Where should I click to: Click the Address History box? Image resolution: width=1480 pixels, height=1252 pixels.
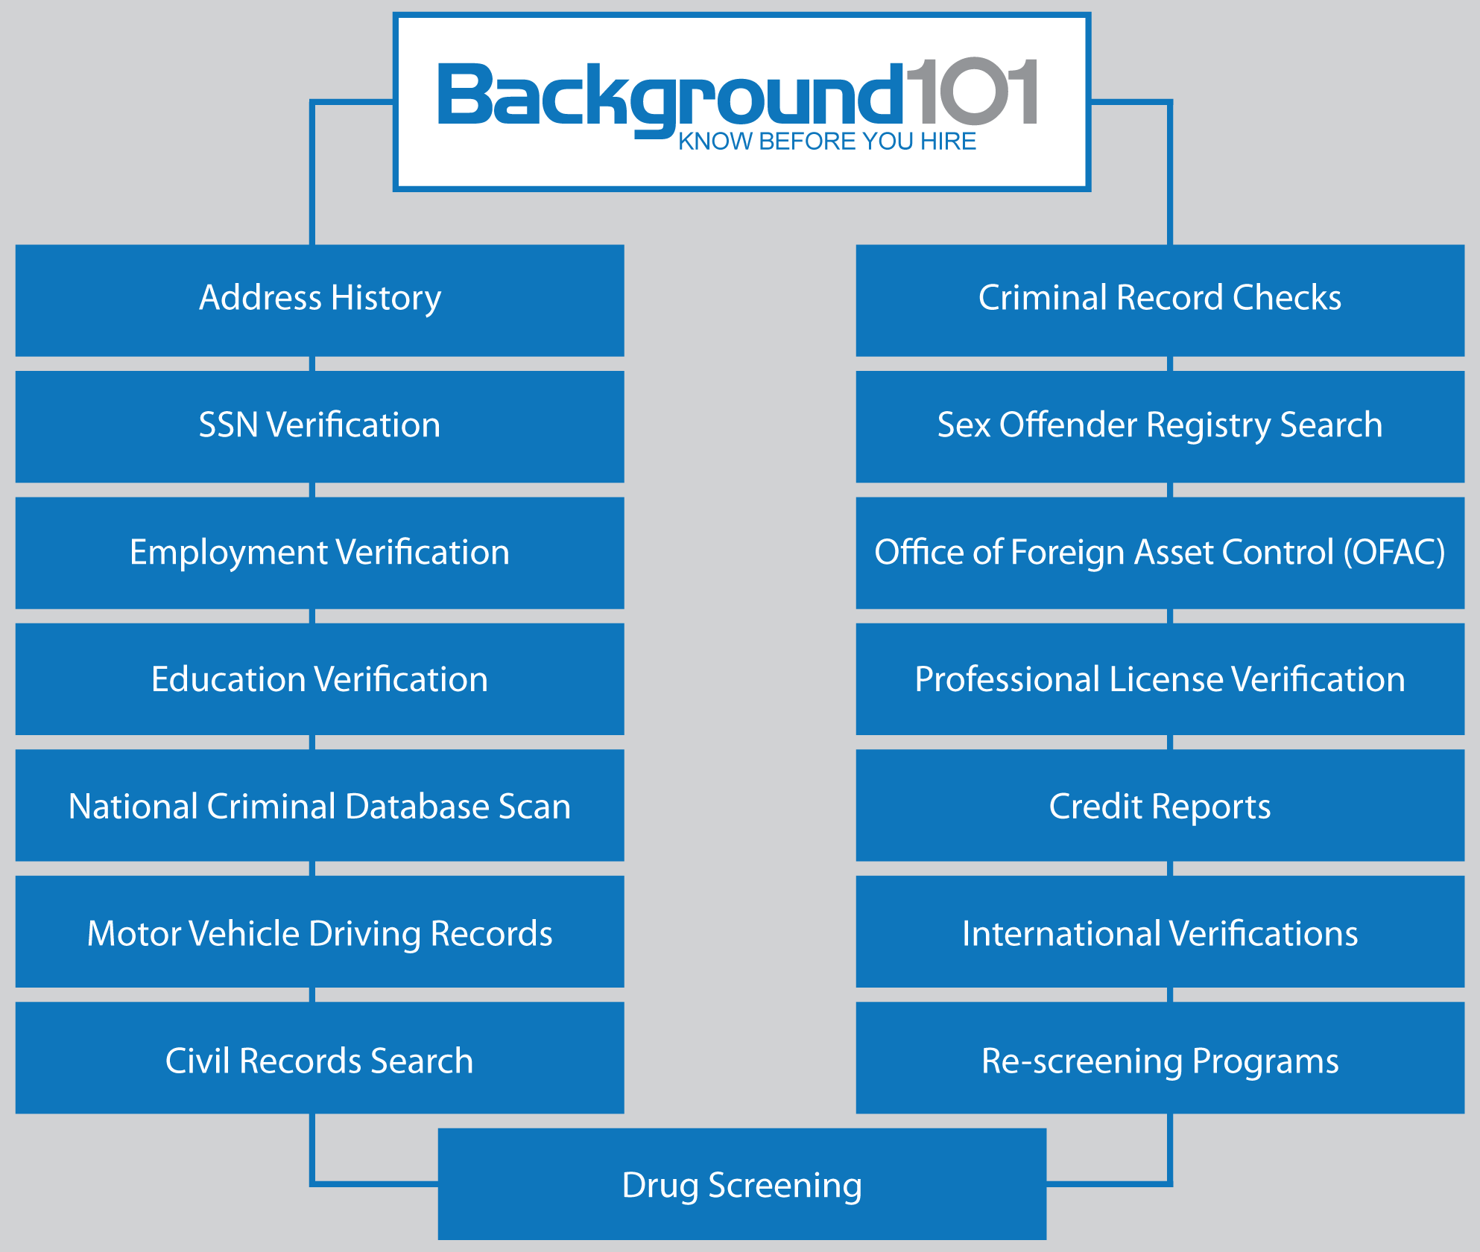click(x=320, y=299)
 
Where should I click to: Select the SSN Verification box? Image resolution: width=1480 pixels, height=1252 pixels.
click(x=320, y=426)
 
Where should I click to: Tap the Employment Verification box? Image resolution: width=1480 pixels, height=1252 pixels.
click(x=320, y=553)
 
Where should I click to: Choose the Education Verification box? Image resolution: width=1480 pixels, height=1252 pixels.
click(x=320, y=679)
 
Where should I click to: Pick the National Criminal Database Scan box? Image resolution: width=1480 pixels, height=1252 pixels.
click(x=320, y=806)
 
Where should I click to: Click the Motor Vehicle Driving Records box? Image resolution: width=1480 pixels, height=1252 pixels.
click(x=320, y=932)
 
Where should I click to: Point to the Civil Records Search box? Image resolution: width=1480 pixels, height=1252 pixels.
click(x=320, y=1059)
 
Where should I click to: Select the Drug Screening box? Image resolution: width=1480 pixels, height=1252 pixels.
click(x=741, y=1184)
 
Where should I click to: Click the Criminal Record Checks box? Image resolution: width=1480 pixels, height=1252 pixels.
click(x=1160, y=299)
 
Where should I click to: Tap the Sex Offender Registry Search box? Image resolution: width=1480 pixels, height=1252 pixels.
click(x=1160, y=426)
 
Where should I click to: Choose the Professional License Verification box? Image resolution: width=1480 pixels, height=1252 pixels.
click(x=1160, y=679)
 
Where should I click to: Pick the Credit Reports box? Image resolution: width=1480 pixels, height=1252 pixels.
click(x=1160, y=806)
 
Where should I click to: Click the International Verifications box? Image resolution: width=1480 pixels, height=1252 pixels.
click(x=1160, y=932)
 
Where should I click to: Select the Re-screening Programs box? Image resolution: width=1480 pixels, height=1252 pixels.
click(x=1160, y=1059)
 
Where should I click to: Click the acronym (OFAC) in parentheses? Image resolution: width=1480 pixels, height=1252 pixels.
click(x=1394, y=553)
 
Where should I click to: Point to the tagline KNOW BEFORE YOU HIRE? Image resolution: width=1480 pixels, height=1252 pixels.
click(x=826, y=142)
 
